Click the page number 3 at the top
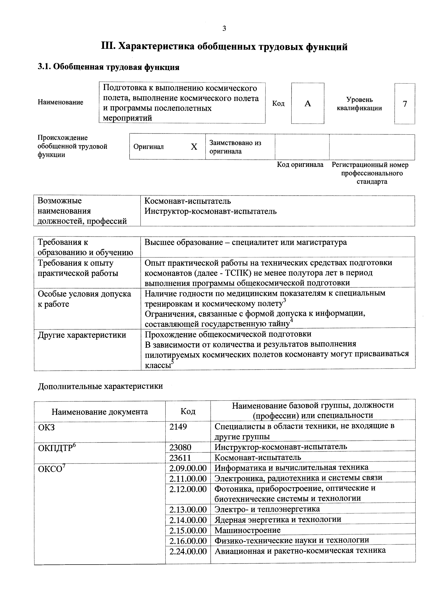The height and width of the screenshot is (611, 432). click(x=224, y=28)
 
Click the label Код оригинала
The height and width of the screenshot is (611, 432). click(x=300, y=165)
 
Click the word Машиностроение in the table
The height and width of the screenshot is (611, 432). click(x=247, y=530)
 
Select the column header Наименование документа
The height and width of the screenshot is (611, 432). click(x=100, y=412)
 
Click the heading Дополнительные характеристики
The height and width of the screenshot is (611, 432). click(x=100, y=386)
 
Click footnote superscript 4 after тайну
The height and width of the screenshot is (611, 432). click(x=291, y=320)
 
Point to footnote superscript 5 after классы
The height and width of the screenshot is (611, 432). click(x=172, y=362)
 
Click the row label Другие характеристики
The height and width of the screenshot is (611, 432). click(x=82, y=335)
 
